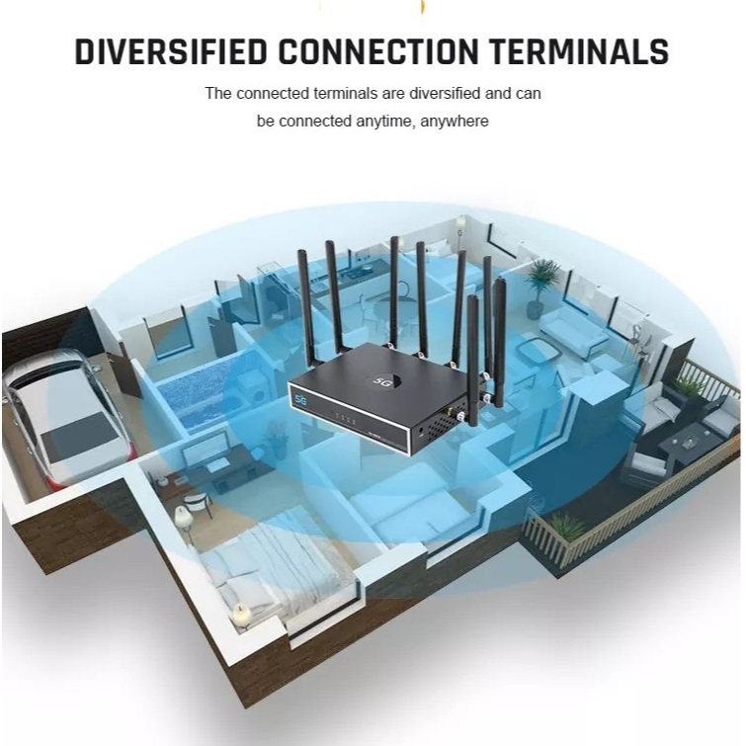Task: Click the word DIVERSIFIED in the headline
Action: (x=171, y=51)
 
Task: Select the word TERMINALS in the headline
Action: (x=579, y=51)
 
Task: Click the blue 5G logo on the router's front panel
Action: (x=300, y=400)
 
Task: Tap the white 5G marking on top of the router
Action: (x=381, y=381)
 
